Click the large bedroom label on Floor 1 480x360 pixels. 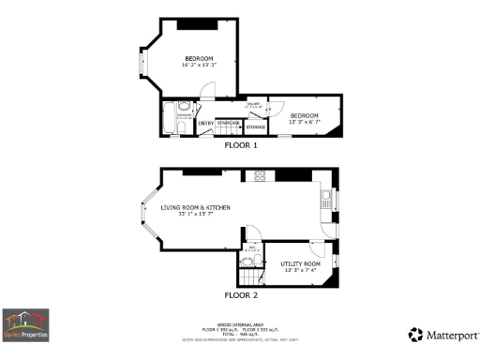[198, 59]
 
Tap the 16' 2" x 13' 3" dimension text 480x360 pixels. [198, 66]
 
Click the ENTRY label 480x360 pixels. [205, 123]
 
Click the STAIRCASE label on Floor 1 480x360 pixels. [228, 123]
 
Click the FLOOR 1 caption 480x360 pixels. [241, 145]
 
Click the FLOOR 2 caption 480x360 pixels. [241, 295]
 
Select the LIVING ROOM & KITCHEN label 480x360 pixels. [196, 207]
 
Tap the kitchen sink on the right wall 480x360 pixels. [324, 198]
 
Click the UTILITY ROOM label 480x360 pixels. [301, 264]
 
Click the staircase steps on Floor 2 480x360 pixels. [248, 277]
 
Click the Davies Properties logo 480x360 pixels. [25, 324]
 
